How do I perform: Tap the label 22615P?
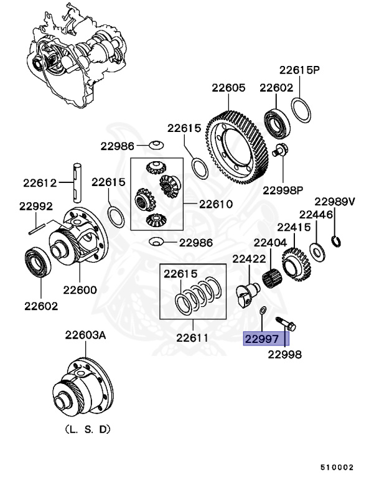pos(299,70)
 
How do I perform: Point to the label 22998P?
pos(282,189)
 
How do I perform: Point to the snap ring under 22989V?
pos(336,241)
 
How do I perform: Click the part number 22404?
pos(269,242)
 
